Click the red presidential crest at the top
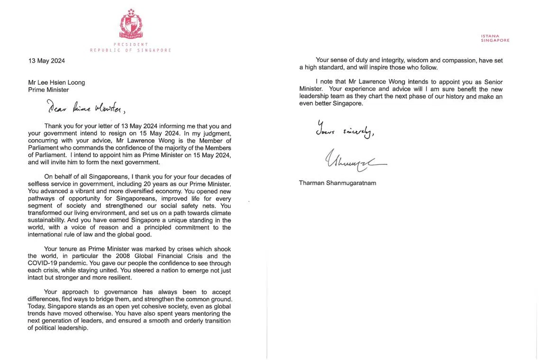(x=131, y=24)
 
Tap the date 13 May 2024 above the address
(x=46, y=61)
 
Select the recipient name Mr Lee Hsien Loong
(x=56, y=82)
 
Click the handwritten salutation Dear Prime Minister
(x=86, y=108)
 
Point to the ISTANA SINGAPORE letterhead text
(x=495, y=38)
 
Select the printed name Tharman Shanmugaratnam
(x=337, y=183)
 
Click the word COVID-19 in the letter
(x=42, y=263)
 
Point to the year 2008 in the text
(x=123, y=256)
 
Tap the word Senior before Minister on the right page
(x=493, y=82)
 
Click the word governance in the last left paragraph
(x=121, y=292)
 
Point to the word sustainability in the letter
(x=46, y=220)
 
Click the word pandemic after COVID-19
(x=73, y=263)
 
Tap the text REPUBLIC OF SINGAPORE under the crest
(x=131, y=50)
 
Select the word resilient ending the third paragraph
(x=120, y=278)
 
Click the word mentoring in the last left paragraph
(x=205, y=314)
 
